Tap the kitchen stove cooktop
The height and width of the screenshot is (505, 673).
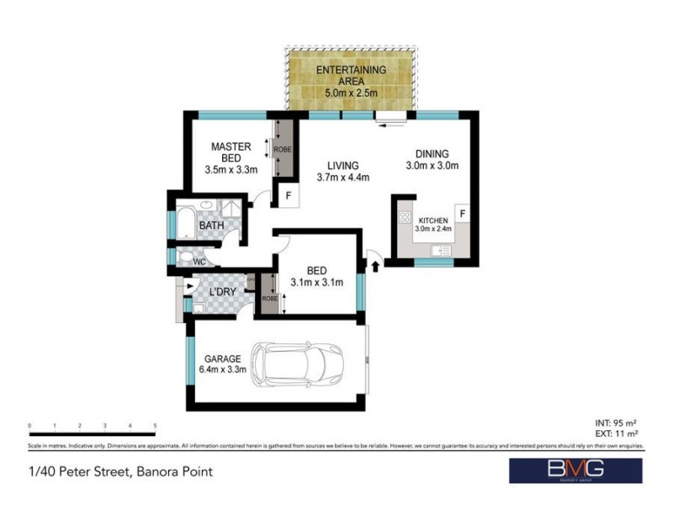click(x=404, y=216)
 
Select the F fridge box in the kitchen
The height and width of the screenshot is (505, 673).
click(x=462, y=214)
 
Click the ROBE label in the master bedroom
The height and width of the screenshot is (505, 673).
click(x=286, y=148)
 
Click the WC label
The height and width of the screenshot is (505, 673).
click(x=199, y=262)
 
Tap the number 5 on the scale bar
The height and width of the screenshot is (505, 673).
click(x=156, y=426)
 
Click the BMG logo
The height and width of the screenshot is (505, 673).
click(x=575, y=471)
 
